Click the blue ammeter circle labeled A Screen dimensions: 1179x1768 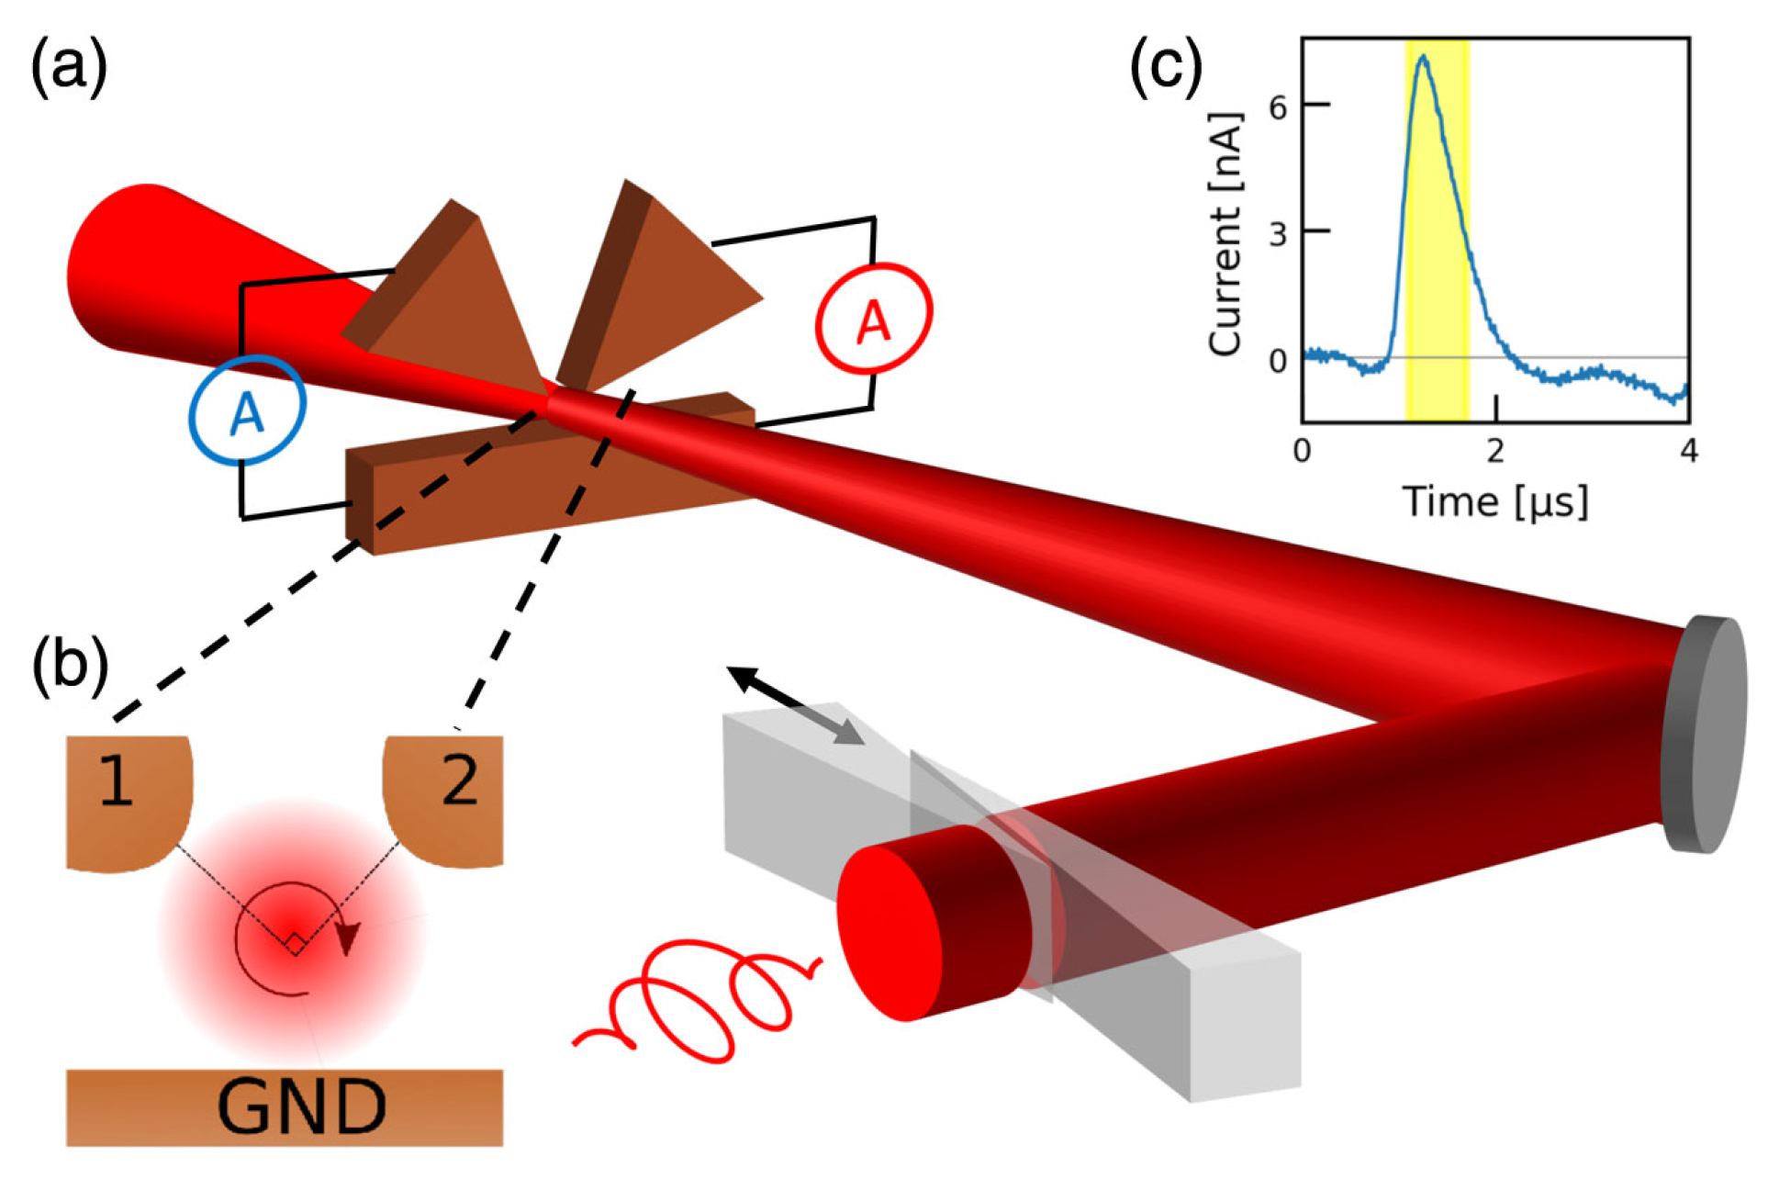click(247, 410)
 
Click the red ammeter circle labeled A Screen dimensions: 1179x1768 click(874, 318)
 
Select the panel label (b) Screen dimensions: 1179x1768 click(70, 662)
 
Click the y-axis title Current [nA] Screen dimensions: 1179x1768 click(1226, 234)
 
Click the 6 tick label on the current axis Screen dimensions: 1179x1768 click(1278, 107)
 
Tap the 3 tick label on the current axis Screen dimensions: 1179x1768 click(1278, 233)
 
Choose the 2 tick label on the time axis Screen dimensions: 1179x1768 click(1495, 451)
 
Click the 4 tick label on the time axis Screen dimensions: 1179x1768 click(1688, 451)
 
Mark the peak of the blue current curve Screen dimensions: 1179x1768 click(1423, 57)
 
